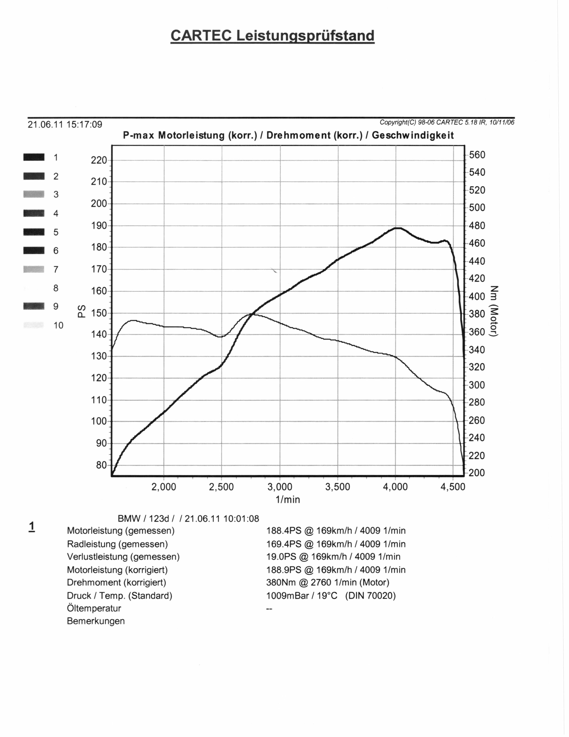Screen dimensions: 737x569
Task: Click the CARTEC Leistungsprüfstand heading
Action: tap(272, 36)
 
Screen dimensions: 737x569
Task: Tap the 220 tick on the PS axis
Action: tap(99, 160)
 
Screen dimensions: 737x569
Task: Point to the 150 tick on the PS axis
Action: tap(99, 313)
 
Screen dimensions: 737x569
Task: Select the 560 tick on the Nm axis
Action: tap(477, 155)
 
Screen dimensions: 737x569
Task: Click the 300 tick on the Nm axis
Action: tap(477, 385)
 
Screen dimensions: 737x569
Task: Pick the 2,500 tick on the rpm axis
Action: tap(222, 487)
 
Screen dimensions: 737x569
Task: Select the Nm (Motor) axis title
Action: tap(494, 311)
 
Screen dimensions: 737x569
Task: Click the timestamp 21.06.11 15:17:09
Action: tap(65, 125)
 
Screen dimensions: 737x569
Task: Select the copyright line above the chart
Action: tap(447, 122)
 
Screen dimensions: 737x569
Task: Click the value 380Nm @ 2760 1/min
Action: tap(328, 582)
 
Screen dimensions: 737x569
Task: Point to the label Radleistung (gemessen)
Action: tap(117, 544)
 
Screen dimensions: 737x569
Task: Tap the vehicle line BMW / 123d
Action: tap(188, 518)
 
